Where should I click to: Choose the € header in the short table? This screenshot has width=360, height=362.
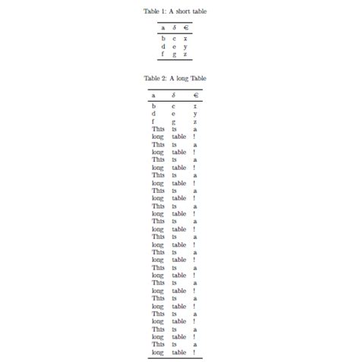click(185, 28)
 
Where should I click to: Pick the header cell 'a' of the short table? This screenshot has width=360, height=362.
click(163, 28)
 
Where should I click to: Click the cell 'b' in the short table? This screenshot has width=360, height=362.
click(163, 38)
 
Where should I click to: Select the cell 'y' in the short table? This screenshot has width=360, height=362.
click(185, 46)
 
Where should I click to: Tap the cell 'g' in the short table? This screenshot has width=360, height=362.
click(174, 54)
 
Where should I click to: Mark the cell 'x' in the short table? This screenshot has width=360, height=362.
click(185, 38)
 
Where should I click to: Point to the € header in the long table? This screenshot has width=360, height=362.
click(195, 96)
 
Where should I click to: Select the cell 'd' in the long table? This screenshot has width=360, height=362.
click(153, 114)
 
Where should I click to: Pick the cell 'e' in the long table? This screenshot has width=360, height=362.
click(174, 114)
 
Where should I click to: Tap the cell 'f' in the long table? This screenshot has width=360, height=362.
click(153, 121)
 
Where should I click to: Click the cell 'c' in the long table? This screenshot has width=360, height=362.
click(174, 106)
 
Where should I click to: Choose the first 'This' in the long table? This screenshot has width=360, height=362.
click(157, 129)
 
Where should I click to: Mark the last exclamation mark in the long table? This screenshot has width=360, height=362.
click(194, 352)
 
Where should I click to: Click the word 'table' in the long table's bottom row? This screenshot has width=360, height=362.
click(178, 352)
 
